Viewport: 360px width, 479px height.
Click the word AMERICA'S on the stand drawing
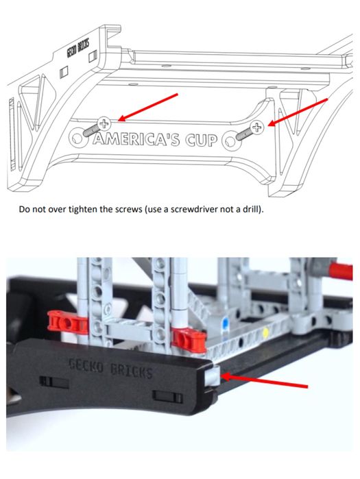136,139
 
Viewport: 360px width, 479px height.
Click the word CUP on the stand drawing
201,140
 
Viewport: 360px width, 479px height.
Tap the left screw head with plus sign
104,124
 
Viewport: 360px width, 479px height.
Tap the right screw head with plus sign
256,127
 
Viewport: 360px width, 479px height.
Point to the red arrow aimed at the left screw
147,107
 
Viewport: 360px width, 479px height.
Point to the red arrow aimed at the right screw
298,112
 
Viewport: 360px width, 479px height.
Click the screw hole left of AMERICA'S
76,137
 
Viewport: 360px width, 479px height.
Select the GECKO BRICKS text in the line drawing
78,49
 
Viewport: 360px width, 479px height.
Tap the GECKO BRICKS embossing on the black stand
110,368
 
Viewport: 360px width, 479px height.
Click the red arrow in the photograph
265,382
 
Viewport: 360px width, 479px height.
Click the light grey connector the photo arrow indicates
212,375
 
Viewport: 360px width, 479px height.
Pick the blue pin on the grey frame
225,322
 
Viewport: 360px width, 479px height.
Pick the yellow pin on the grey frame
265,332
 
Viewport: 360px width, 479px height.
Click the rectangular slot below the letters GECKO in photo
54,382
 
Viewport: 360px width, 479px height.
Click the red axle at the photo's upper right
340,271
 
